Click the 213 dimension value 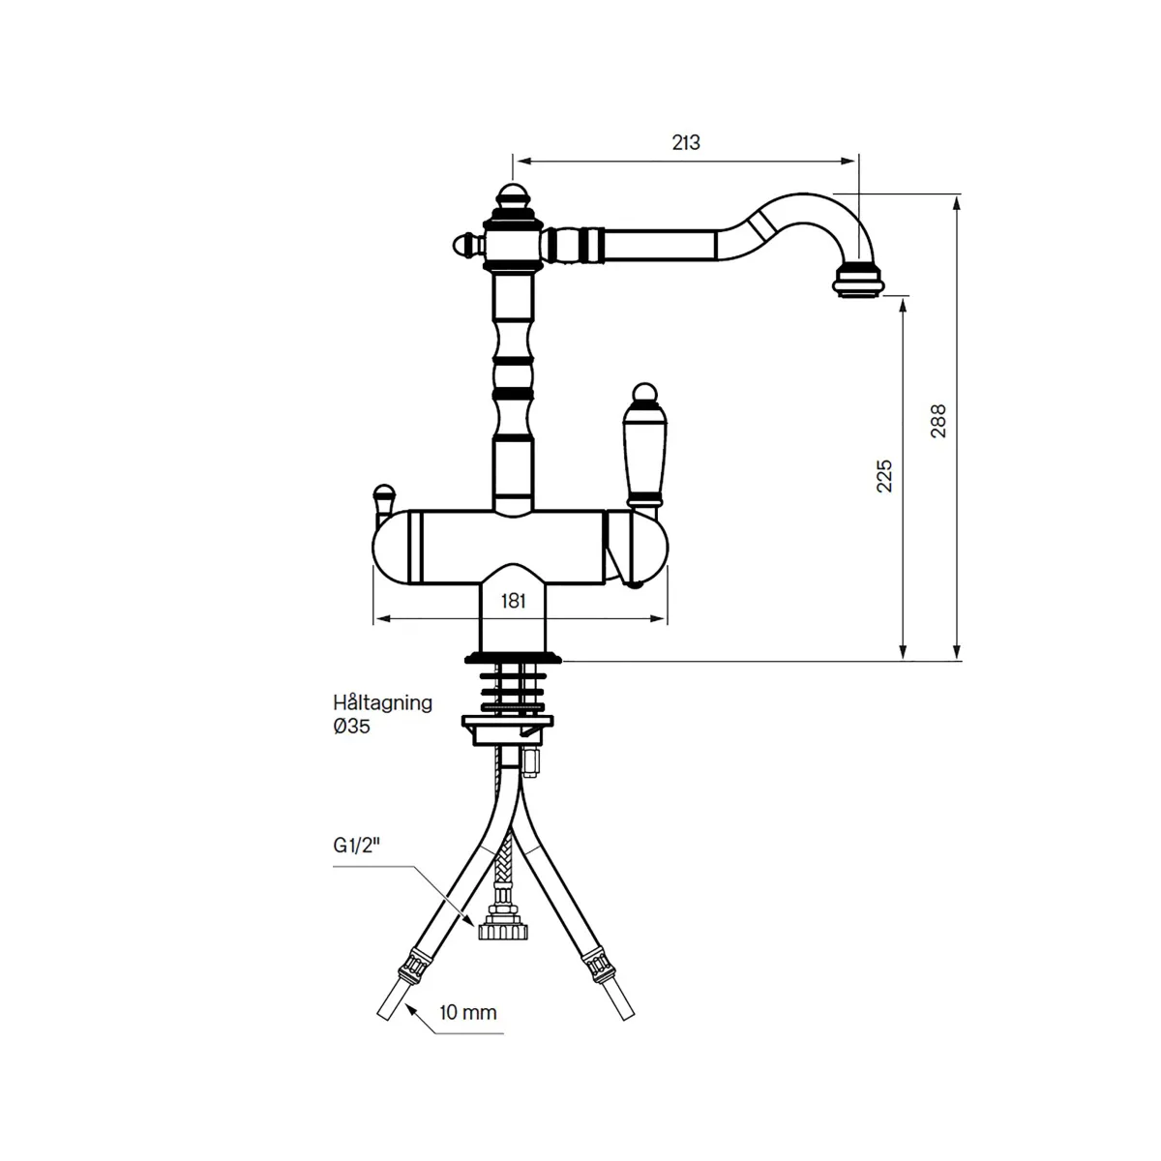coord(686,143)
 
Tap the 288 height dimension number coord(938,421)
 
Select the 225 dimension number coord(884,476)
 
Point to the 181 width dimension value coord(514,601)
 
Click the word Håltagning coord(382,703)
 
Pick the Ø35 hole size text coord(351,726)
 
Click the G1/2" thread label coord(357,847)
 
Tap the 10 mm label coord(467,1013)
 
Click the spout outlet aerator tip coord(858,280)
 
